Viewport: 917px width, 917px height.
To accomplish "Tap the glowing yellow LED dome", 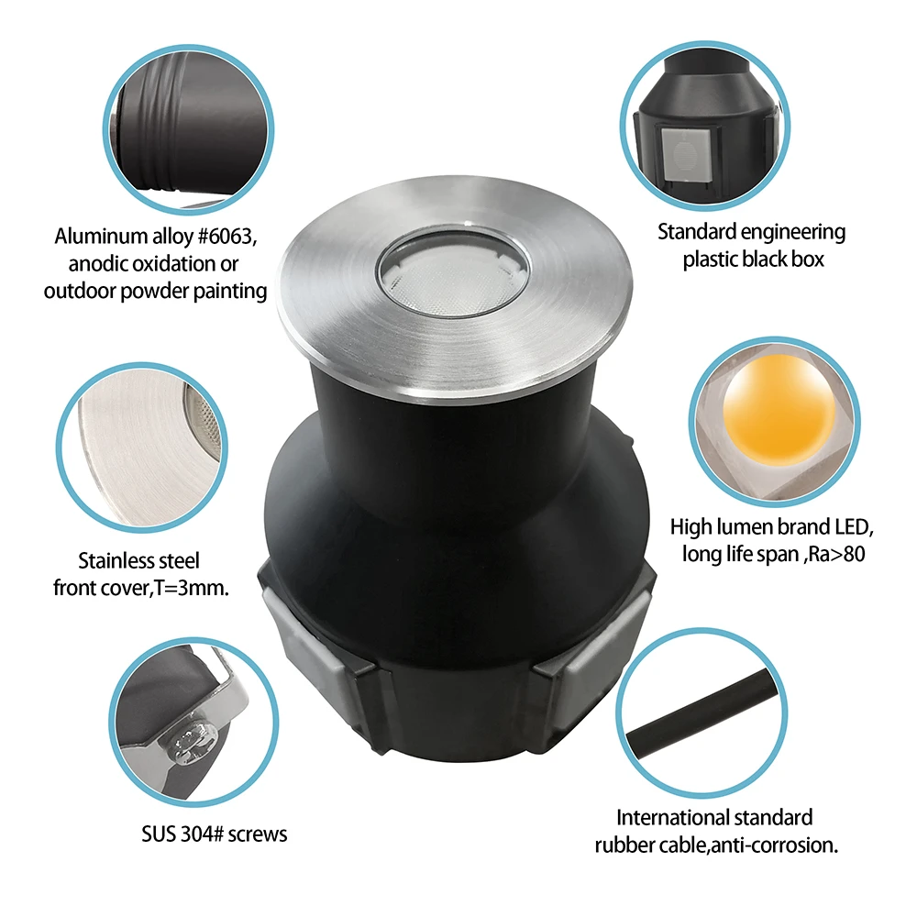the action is point(779,408).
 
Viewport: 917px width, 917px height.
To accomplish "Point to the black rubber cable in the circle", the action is point(702,713).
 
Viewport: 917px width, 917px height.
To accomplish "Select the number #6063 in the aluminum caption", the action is point(226,237).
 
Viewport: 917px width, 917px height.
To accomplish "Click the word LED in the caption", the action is point(854,527).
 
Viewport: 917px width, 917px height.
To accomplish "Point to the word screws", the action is point(258,834).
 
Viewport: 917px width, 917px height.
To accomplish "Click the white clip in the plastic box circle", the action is point(685,154).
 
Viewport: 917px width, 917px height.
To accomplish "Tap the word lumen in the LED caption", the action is point(738,527).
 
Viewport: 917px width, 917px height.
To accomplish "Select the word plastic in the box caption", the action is point(710,260).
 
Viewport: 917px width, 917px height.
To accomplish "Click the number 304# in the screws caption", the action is point(202,834).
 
